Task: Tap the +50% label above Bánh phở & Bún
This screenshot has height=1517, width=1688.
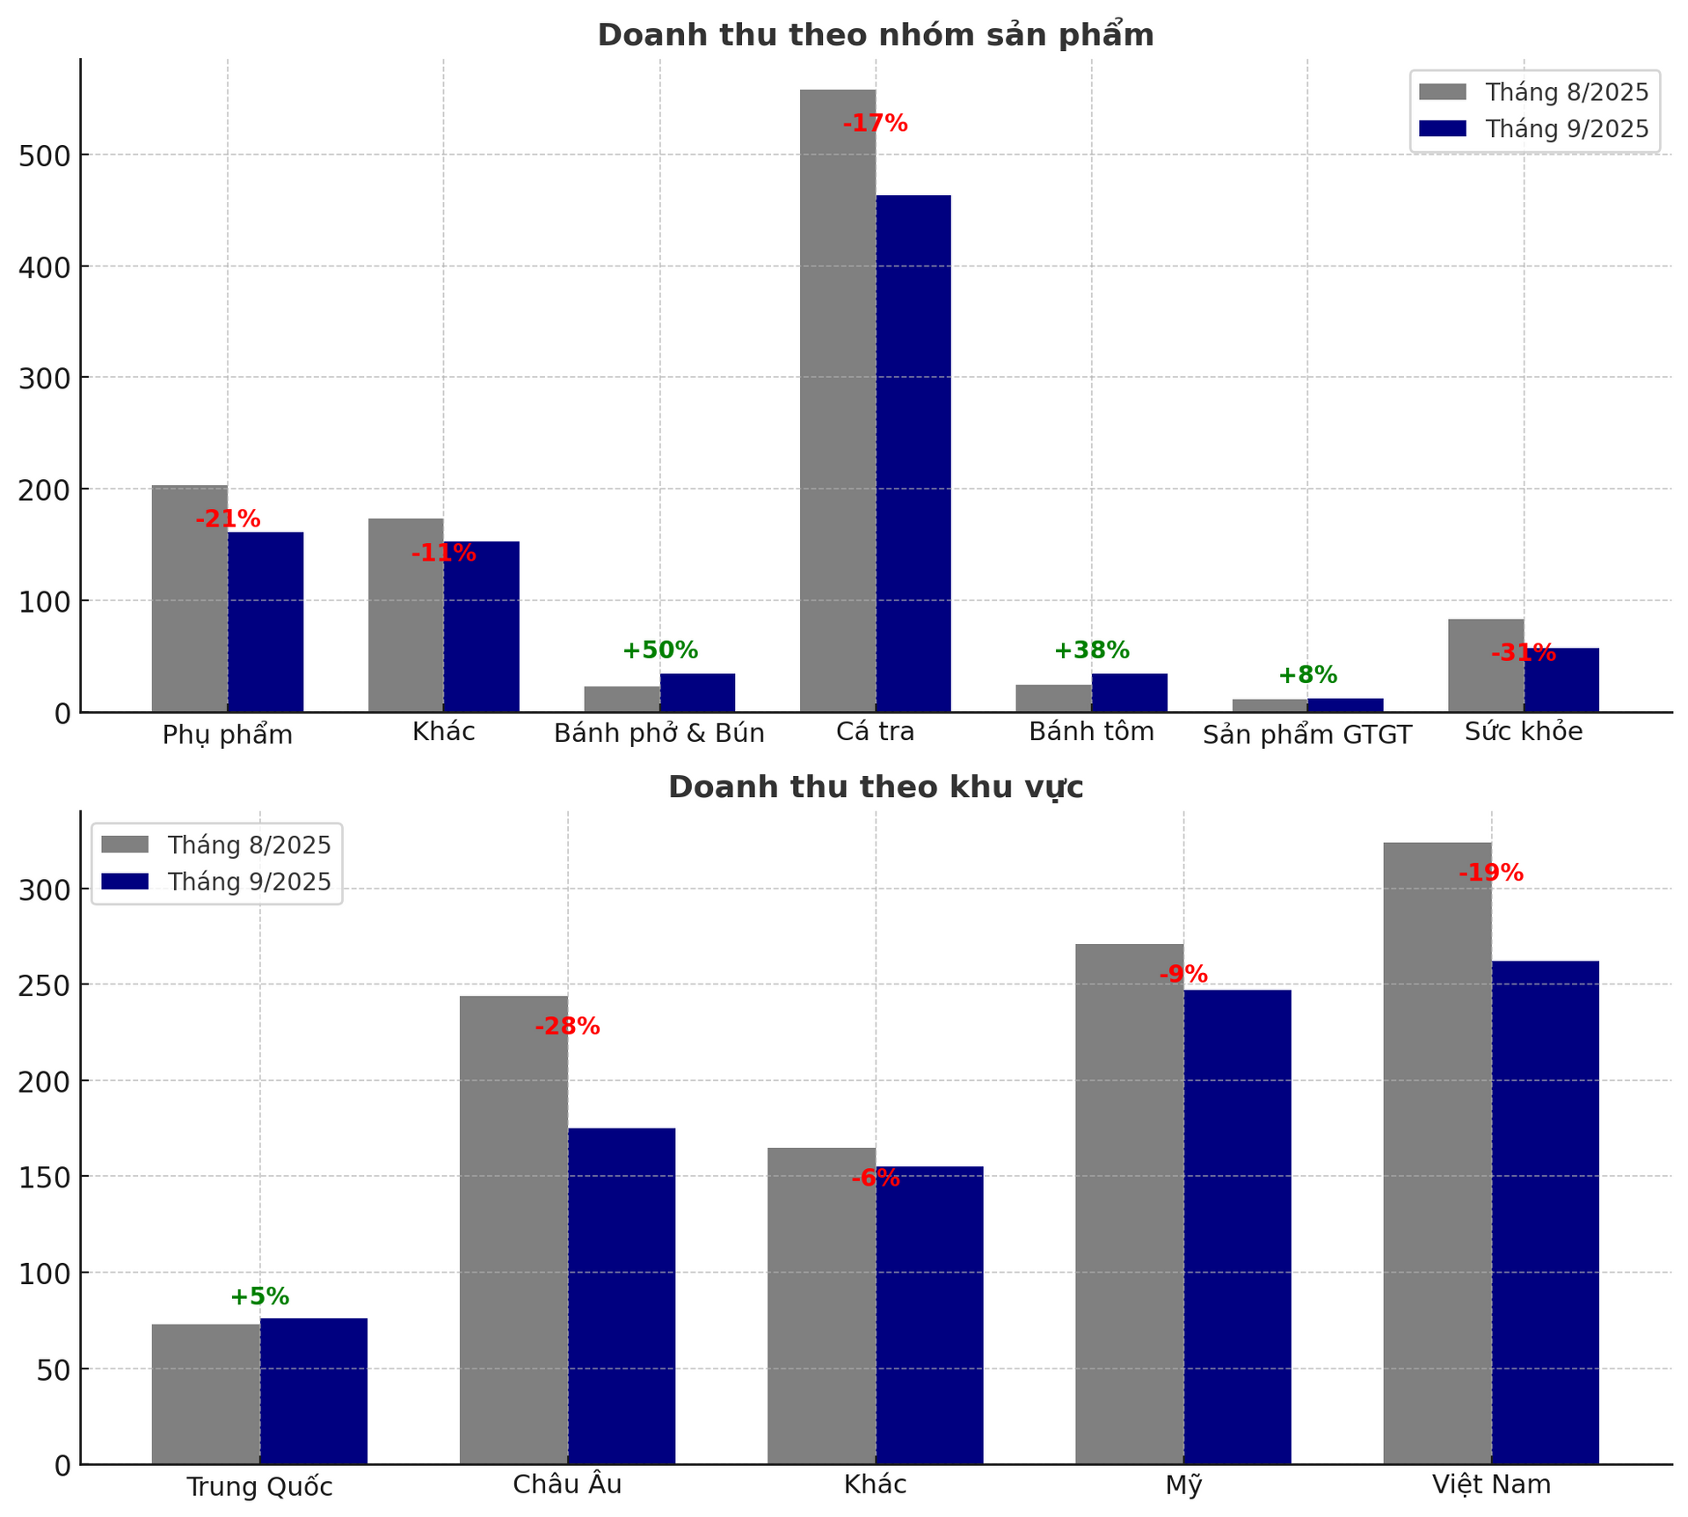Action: tap(659, 650)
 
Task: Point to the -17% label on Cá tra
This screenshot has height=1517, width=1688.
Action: tap(875, 124)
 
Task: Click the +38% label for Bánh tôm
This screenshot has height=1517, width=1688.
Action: tap(1091, 650)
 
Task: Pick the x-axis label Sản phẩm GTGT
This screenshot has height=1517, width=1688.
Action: tap(1306, 735)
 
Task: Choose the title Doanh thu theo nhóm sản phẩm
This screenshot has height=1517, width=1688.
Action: tap(875, 35)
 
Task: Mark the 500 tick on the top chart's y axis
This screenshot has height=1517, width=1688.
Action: tap(43, 156)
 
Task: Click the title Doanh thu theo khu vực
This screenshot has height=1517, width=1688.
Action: tap(875, 788)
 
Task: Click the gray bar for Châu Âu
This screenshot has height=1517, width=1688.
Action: tap(513, 1230)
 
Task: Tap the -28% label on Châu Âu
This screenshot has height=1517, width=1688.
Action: tap(567, 1027)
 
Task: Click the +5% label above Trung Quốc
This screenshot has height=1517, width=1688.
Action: tap(259, 1296)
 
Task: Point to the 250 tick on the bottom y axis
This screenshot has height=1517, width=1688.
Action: tap(43, 985)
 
